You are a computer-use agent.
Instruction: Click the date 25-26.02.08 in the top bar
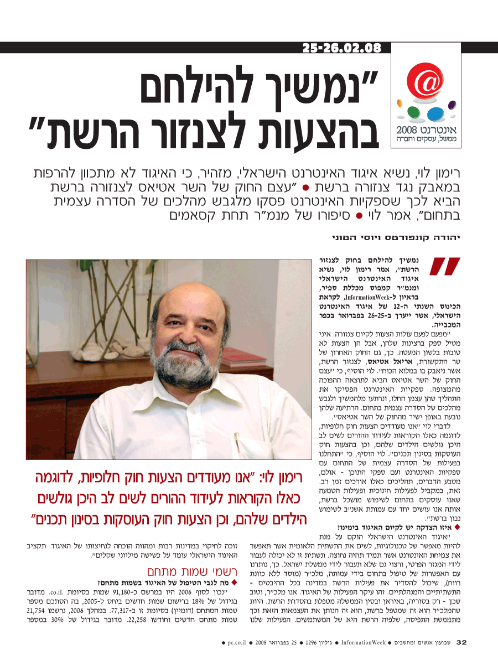pos(341,48)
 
